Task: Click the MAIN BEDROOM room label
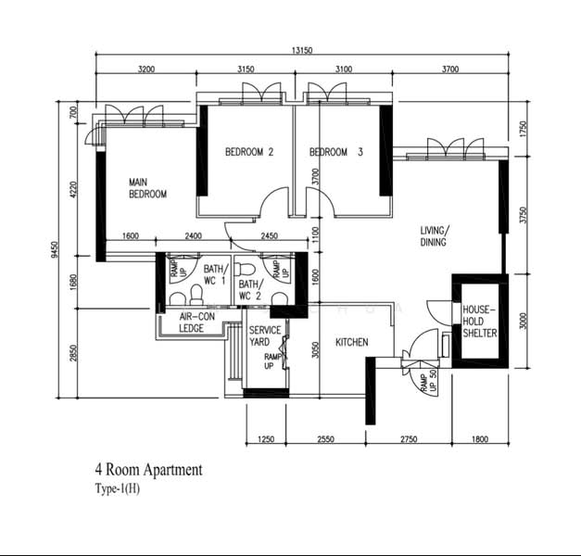click(148, 188)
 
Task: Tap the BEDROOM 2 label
click(249, 152)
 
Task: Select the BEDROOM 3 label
click(336, 152)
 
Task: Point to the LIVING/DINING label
click(435, 236)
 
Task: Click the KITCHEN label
click(352, 342)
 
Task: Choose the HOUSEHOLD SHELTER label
click(480, 321)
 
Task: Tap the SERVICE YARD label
click(265, 335)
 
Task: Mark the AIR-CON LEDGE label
click(197, 322)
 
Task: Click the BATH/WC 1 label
click(217, 274)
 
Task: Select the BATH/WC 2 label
click(251, 290)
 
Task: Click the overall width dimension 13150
click(302, 50)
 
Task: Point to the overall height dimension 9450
click(55, 249)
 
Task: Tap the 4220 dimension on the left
click(73, 189)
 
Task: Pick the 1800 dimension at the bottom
click(480, 439)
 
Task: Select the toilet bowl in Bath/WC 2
click(245, 269)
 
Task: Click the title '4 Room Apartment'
click(149, 470)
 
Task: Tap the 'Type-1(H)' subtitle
click(118, 489)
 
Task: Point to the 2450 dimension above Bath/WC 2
click(270, 236)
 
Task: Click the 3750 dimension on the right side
click(524, 215)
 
